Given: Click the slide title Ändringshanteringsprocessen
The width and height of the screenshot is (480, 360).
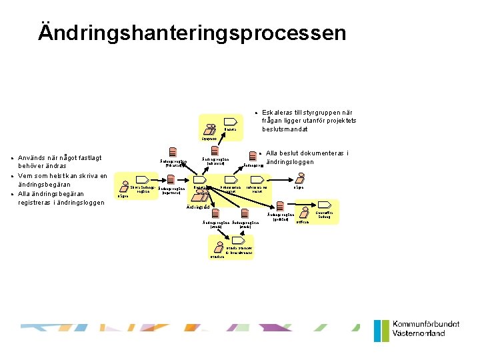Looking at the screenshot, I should coord(192,33).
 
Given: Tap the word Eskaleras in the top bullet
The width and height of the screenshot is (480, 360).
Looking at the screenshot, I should coord(279,112).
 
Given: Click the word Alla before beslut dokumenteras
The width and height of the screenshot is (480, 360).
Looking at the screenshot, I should coord(275,153).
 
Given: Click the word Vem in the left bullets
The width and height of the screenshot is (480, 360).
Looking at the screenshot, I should coord(27,175).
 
